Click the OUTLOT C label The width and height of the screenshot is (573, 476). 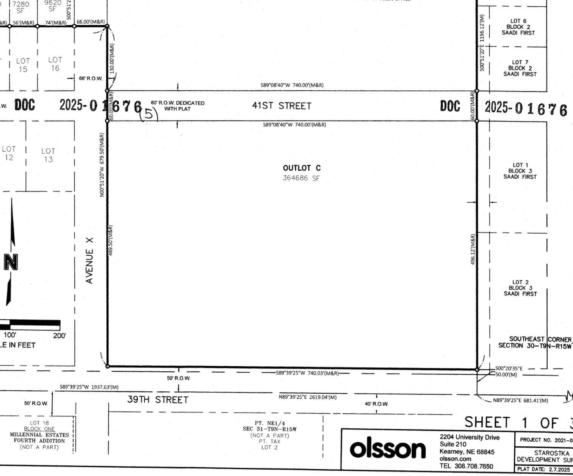pyautogui.click(x=302, y=168)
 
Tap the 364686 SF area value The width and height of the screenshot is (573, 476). pyautogui.click(x=301, y=178)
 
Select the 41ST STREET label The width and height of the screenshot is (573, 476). pyautogui.click(x=282, y=106)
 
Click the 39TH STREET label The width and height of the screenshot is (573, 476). pyautogui.click(x=158, y=400)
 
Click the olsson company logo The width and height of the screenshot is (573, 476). pyautogui.click(x=387, y=449)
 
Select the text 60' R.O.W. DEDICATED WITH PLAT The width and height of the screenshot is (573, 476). pyautogui.click(x=177, y=106)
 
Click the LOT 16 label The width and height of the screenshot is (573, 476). pyautogui.click(x=55, y=64)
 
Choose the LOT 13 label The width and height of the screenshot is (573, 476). pyautogui.click(x=48, y=155)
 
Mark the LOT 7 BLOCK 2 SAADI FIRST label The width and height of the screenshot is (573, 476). pyautogui.click(x=520, y=68)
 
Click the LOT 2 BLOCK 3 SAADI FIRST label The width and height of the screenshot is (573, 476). pyautogui.click(x=520, y=288)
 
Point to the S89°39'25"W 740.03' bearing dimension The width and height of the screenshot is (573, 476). pyautogui.click(x=307, y=373)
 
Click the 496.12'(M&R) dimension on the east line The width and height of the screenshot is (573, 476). pyautogui.click(x=473, y=249)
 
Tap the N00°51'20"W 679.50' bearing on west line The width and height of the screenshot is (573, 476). pyautogui.click(x=102, y=165)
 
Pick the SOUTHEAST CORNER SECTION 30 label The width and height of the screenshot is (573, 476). pyautogui.click(x=534, y=342)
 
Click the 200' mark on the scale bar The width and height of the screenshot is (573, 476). pyautogui.click(x=59, y=336)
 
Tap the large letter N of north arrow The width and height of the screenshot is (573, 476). pyautogui.click(x=11, y=262)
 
